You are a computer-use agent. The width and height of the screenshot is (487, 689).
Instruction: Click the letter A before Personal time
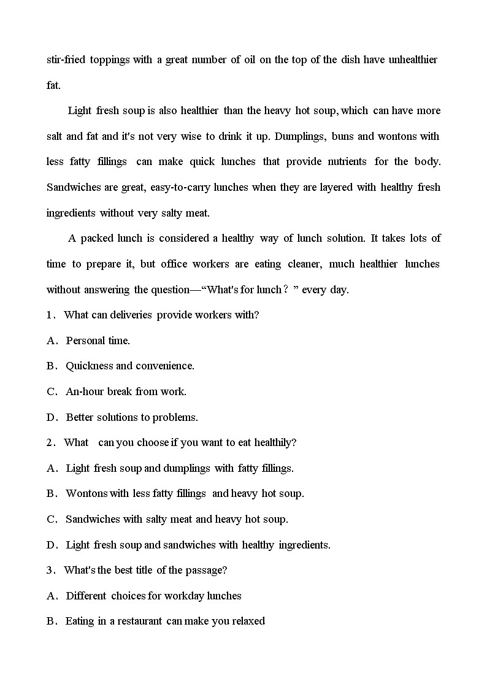51,341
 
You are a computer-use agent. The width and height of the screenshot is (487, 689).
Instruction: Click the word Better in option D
80,417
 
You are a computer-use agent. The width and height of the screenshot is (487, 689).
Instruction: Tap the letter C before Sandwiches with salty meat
51,519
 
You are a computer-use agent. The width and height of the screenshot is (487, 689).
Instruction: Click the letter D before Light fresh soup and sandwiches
51,545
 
